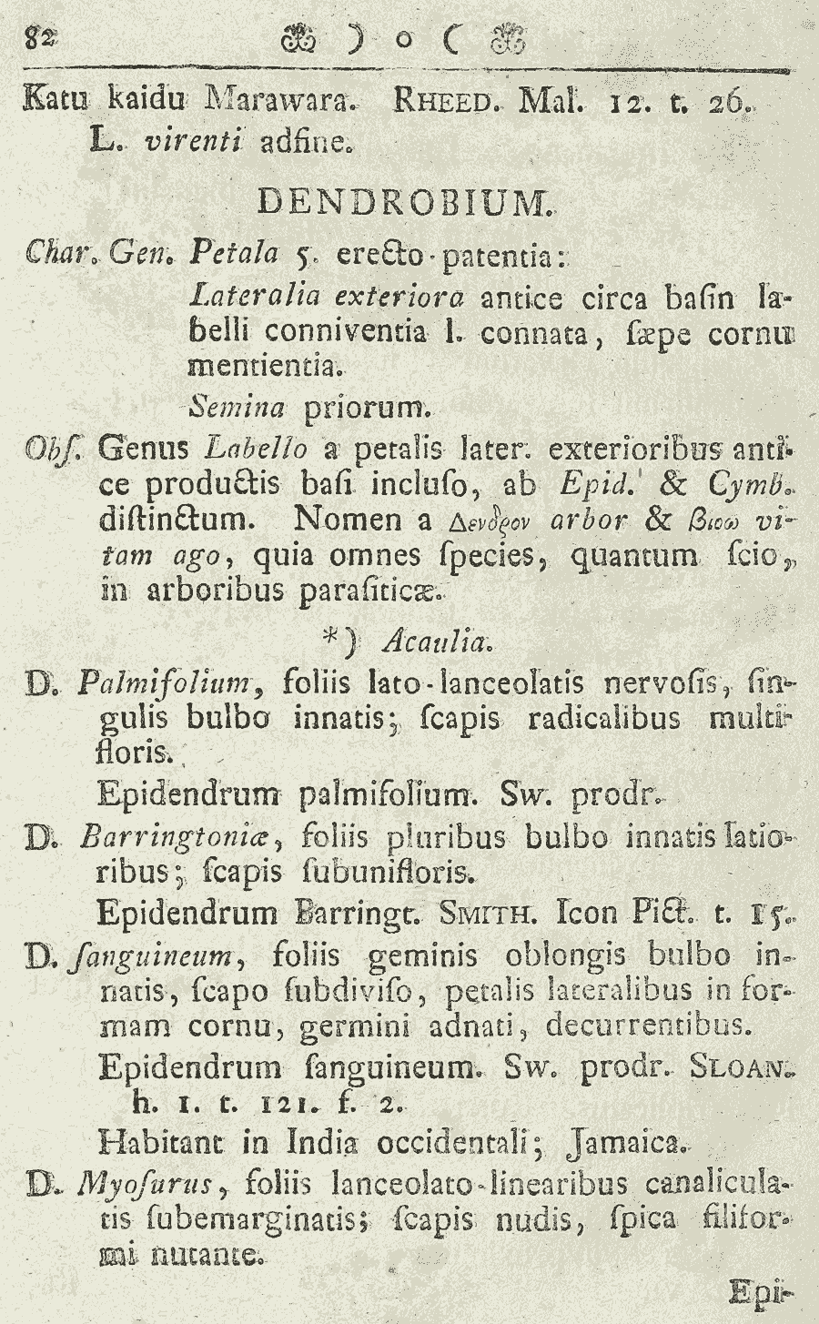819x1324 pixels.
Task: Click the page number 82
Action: click(x=40, y=37)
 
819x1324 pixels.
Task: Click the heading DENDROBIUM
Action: click(x=405, y=200)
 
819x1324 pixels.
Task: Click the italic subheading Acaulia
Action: click(x=437, y=642)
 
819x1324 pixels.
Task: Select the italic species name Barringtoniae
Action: click(x=183, y=835)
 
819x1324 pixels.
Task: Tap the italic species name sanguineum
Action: click(x=155, y=956)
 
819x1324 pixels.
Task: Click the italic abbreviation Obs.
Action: click(x=43, y=449)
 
